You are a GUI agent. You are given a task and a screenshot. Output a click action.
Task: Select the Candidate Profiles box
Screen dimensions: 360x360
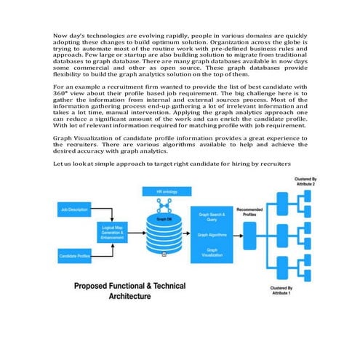(x=73, y=257)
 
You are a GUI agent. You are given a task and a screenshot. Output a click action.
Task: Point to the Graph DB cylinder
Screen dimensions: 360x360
(x=164, y=237)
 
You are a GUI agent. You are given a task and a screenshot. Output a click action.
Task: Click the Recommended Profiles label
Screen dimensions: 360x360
(x=249, y=213)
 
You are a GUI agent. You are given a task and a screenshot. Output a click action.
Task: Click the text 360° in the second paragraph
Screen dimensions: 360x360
(x=62, y=92)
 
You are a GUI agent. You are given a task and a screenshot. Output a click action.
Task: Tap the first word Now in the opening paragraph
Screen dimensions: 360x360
(x=61, y=35)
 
